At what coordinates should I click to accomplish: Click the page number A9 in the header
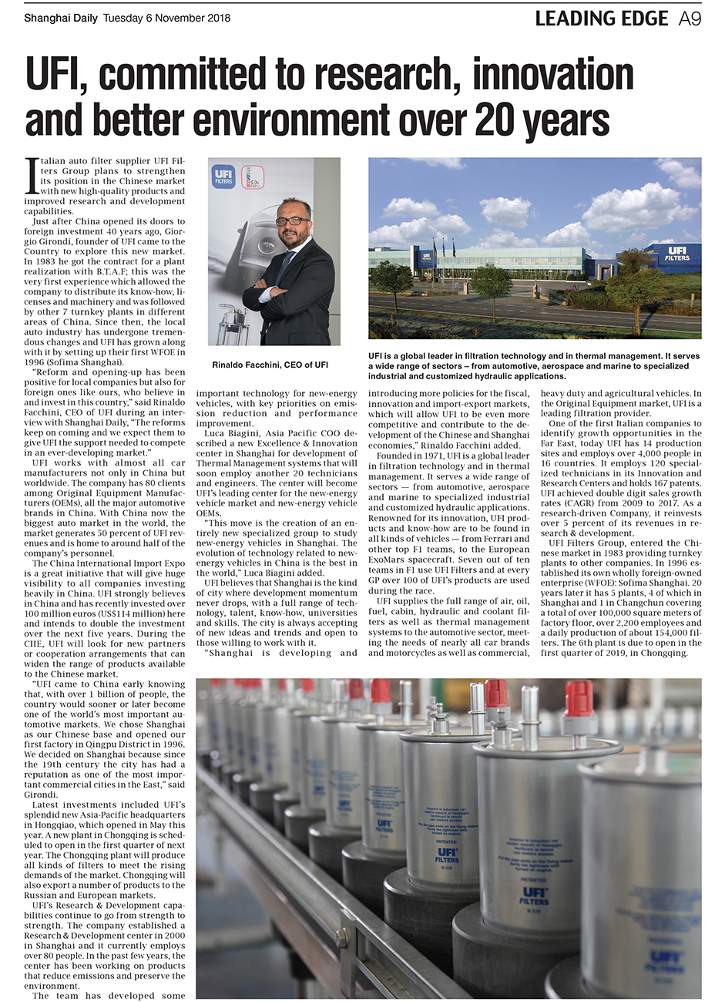[689, 18]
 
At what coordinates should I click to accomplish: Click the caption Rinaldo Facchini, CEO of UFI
[270, 365]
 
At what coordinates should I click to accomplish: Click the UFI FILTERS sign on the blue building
[678, 254]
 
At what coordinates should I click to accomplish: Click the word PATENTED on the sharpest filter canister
[533, 879]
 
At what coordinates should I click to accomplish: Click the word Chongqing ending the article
[663, 653]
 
